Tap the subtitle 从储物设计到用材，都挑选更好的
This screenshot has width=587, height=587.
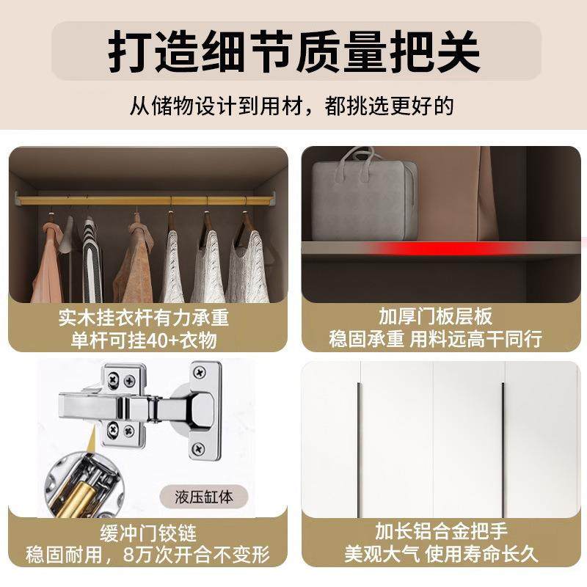(292, 105)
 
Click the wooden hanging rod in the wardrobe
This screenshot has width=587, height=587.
(147, 200)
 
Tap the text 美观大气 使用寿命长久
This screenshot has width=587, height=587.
(440, 553)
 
